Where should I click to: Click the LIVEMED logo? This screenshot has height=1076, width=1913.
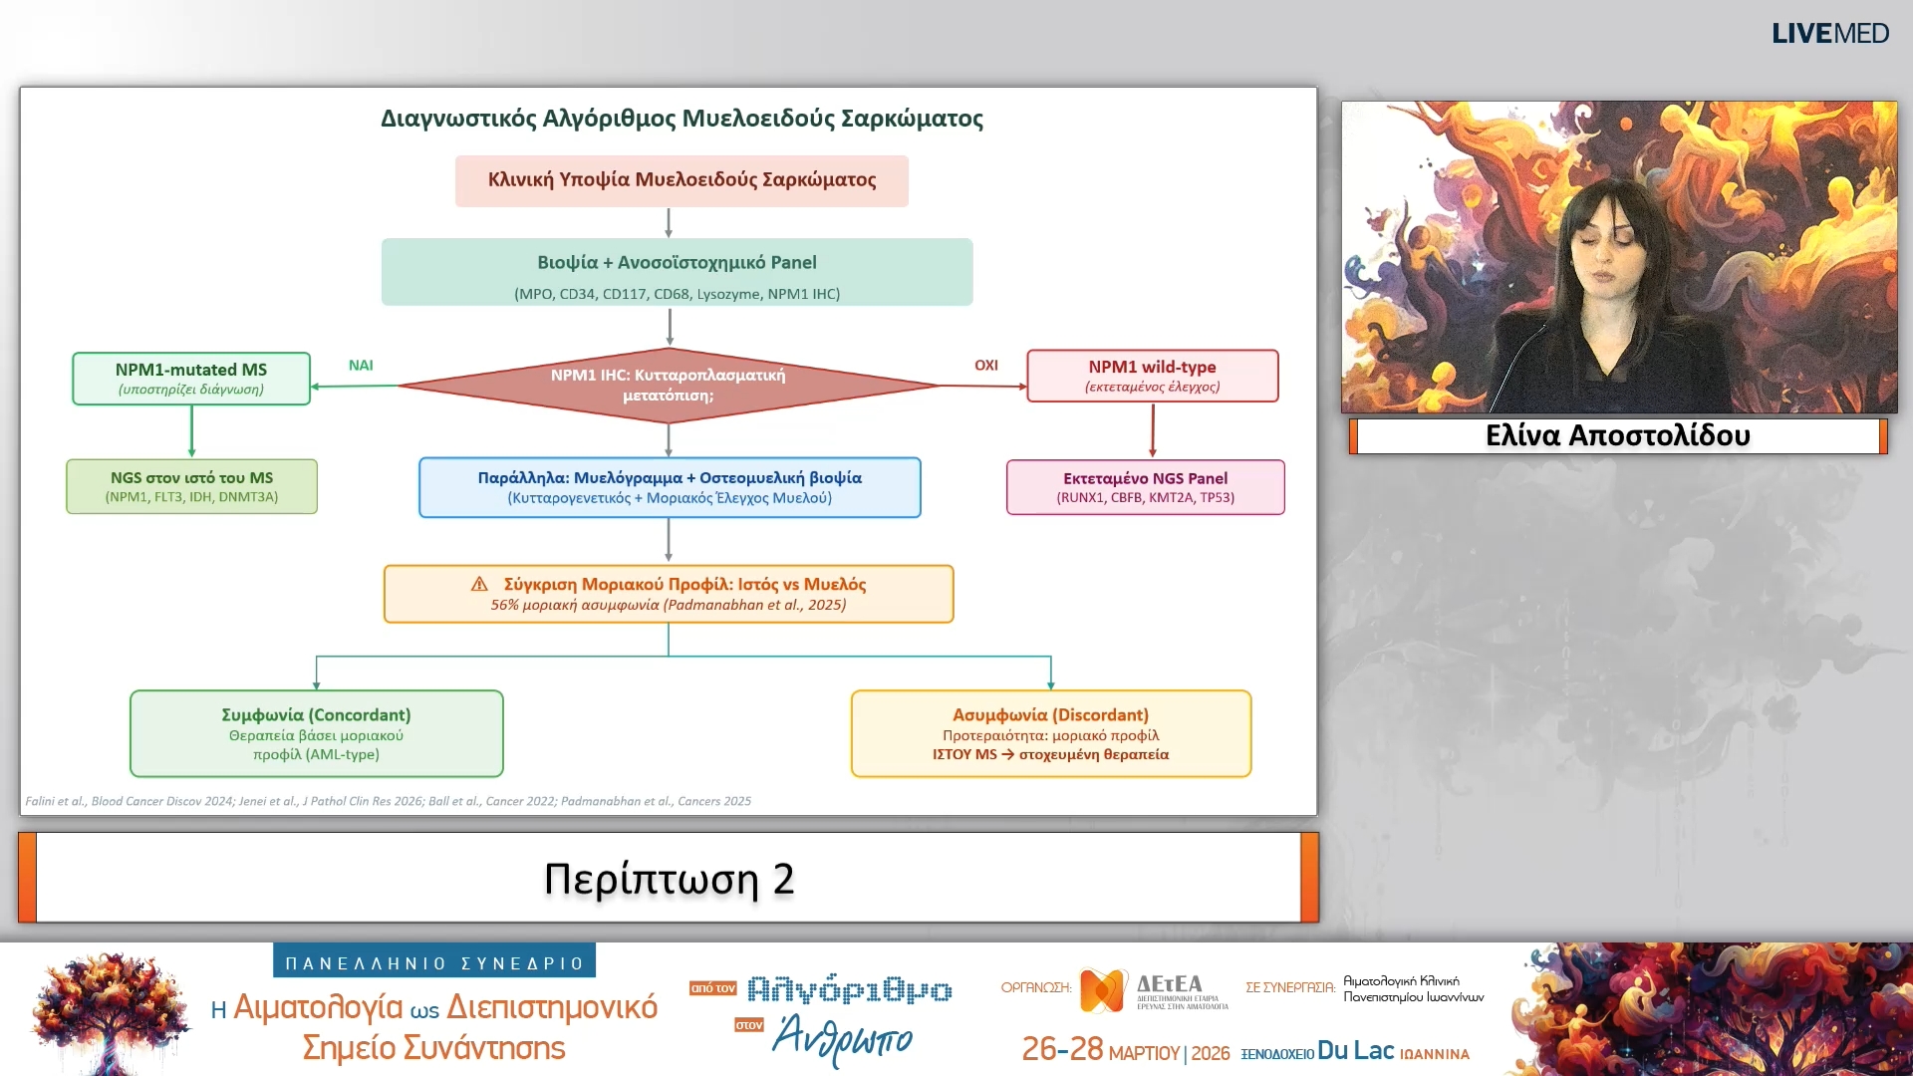1829,34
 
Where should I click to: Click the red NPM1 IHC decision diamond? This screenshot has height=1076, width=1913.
668,385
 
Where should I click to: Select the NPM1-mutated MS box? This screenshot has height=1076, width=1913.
191,379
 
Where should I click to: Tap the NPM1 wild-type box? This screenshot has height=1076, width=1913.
1152,376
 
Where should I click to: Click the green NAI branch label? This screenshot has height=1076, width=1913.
361,366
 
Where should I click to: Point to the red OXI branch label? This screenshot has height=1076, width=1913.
985,366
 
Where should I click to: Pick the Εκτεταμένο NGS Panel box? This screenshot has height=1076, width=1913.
1145,487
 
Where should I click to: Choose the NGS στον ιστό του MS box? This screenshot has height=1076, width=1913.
191,486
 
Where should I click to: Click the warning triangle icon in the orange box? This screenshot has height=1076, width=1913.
479,584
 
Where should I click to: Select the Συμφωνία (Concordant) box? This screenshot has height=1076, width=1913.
316,733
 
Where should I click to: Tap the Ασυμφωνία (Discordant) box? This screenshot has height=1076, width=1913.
1050,733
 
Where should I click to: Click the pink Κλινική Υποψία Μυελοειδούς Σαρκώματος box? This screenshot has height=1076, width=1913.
682,180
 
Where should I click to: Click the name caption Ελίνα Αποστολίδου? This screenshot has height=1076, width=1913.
1617,435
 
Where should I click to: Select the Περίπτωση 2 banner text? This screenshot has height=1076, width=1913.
669,879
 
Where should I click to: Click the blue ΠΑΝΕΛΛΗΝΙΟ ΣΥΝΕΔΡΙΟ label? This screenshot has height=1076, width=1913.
434,962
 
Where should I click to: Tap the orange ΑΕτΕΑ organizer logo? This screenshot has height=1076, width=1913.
1103,990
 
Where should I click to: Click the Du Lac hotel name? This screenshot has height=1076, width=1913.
1355,1050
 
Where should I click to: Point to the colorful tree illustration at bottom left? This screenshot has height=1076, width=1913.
110,1011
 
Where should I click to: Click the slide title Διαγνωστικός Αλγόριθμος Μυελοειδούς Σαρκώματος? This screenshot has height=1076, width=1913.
682,119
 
